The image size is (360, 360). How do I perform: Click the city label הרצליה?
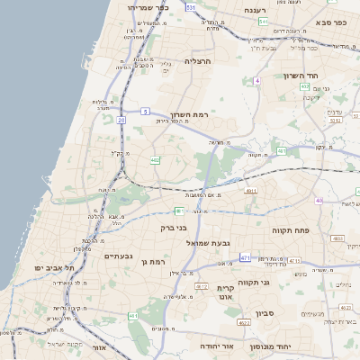click(196, 61)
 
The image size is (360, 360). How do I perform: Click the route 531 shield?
click(191, 6)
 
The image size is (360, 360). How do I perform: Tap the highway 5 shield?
click(145, 111)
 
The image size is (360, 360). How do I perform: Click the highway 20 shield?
click(121, 118)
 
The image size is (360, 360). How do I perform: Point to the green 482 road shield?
click(156, 161)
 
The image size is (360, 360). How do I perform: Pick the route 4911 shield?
click(251, 191)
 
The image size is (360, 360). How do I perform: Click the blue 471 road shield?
click(246, 257)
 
